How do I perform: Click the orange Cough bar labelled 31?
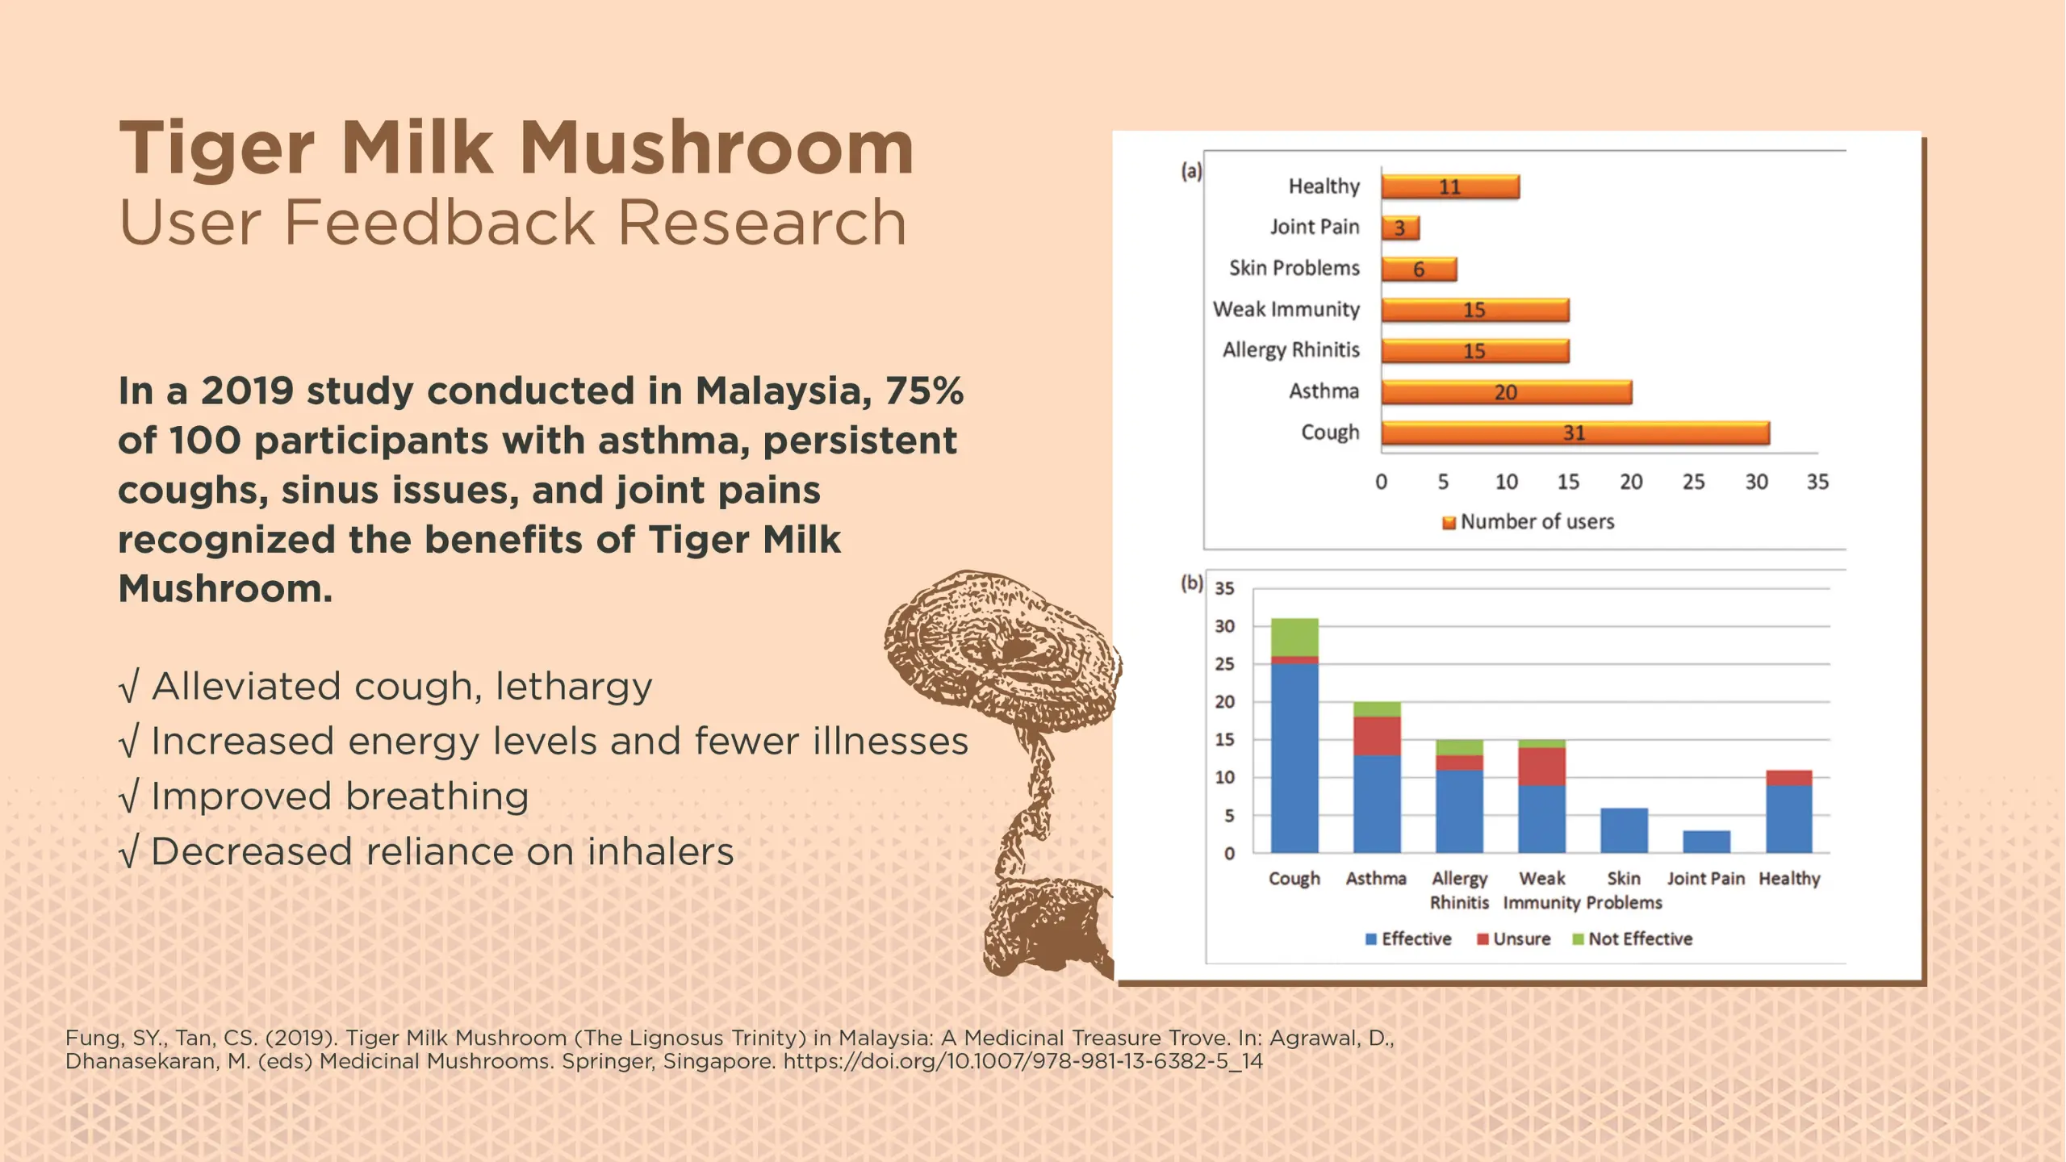pyautogui.click(x=1575, y=433)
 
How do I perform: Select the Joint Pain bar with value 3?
pyautogui.click(x=1399, y=228)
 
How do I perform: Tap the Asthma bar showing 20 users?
pyautogui.click(x=1506, y=392)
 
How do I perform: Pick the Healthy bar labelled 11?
pyautogui.click(x=1450, y=187)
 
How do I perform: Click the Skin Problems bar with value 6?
pyautogui.click(x=1419, y=269)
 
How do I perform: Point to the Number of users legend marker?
pyautogui.click(x=1449, y=523)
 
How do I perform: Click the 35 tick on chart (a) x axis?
pyautogui.click(x=1817, y=482)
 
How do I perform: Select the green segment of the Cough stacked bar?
pyautogui.click(x=1294, y=637)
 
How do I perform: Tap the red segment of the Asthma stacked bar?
pyautogui.click(x=1377, y=736)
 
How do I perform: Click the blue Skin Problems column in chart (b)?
pyautogui.click(x=1624, y=830)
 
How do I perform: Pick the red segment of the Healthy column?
pyautogui.click(x=1789, y=778)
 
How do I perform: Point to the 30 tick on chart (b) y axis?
pyautogui.click(x=1224, y=626)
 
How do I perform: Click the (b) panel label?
pyautogui.click(x=1191, y=583)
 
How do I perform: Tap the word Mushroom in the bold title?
pyautogui.click(x=716, y=148)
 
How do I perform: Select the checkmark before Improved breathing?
pyautogui.click(x=129, y=796)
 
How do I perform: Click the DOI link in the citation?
pyautogui.click(x=1023, y=1061)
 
